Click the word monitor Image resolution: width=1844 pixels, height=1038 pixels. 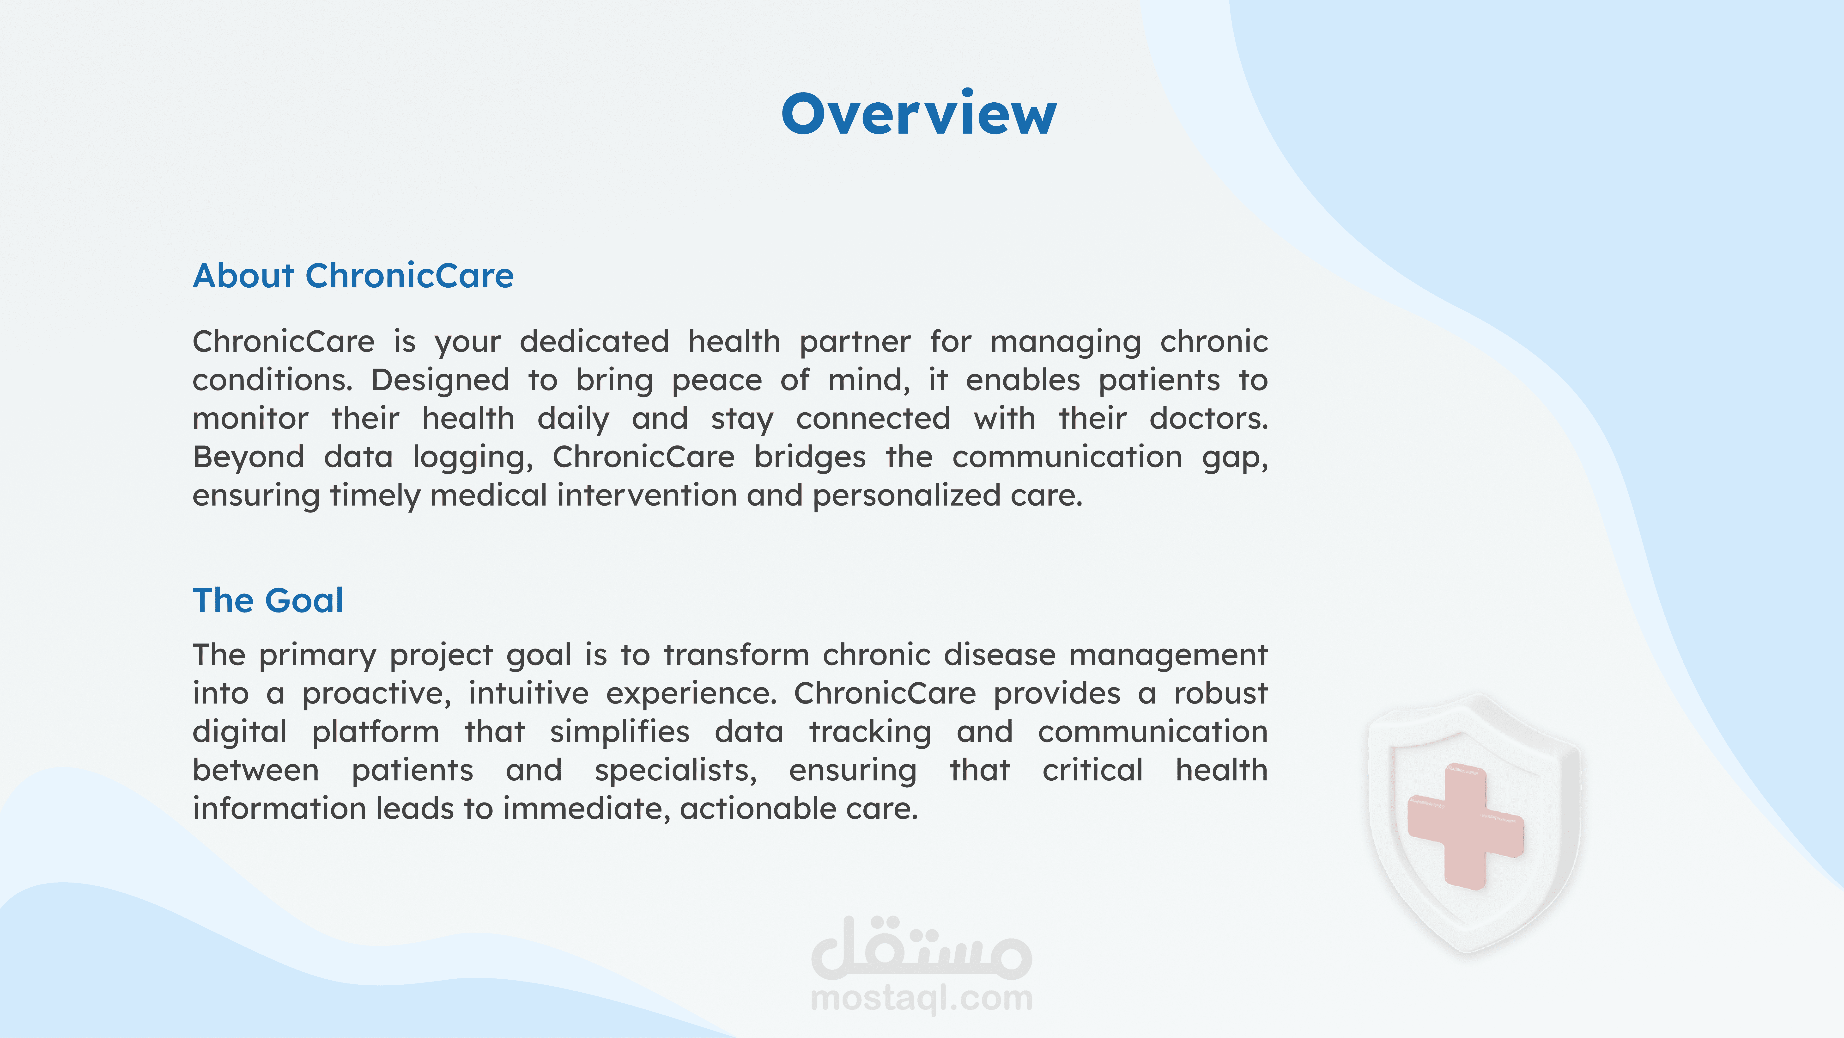(x=250, y=419)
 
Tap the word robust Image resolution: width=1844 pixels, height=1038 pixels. (x=1220, y=693)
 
